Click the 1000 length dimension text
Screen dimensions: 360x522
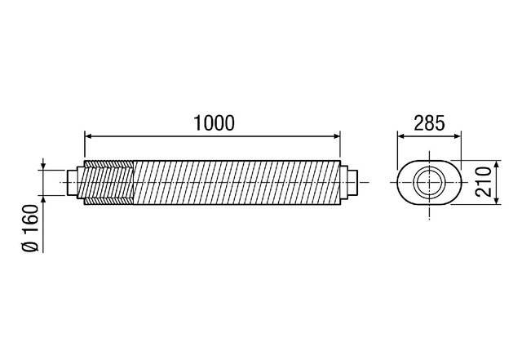213,122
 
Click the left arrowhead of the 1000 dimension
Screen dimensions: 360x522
88,136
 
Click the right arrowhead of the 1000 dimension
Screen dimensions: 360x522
337,136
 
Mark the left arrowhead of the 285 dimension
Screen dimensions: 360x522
400,136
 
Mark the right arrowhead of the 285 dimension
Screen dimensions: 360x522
457,136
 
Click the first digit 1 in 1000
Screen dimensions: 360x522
197,122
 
